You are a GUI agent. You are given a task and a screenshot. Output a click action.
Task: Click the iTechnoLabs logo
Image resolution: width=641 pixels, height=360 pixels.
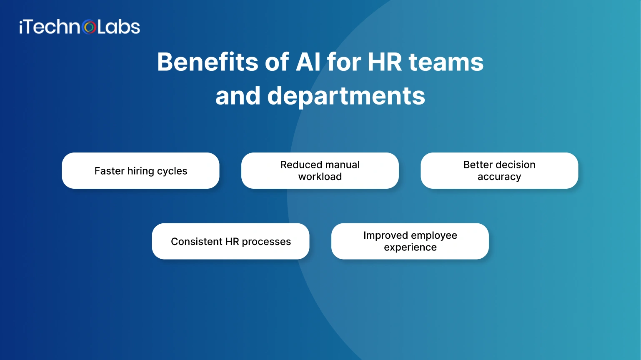79,27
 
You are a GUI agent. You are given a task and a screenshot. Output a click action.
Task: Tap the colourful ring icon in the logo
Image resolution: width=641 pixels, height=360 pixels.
89,27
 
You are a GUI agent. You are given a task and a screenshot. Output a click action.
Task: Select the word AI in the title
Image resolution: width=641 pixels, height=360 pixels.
308,62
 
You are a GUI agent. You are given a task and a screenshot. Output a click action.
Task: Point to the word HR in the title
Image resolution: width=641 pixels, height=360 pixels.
385,62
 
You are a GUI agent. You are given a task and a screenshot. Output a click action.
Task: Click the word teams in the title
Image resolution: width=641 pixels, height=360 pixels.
446,62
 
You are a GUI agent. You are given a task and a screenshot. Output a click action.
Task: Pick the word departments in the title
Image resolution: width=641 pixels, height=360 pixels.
346,96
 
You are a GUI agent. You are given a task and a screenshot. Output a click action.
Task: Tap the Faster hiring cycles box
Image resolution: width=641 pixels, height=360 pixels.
140,171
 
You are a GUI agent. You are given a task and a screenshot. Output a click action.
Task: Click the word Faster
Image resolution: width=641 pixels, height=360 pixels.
109,171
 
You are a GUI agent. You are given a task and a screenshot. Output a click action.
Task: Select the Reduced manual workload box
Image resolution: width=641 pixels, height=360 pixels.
320,171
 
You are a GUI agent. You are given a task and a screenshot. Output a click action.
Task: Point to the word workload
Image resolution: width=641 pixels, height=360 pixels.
320,177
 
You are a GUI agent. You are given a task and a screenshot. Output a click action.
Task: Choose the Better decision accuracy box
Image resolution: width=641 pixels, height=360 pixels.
499,171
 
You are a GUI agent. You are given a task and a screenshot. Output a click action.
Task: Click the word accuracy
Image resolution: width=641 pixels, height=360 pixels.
499,177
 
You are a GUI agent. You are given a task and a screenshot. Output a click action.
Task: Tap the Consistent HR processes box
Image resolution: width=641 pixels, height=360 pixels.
230,241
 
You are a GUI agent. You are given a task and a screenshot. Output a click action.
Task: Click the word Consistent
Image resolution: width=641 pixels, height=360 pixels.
196,242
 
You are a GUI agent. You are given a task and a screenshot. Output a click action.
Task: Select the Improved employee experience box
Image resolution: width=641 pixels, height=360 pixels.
410,241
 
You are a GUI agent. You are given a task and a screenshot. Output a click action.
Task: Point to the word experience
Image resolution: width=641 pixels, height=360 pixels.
410,247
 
